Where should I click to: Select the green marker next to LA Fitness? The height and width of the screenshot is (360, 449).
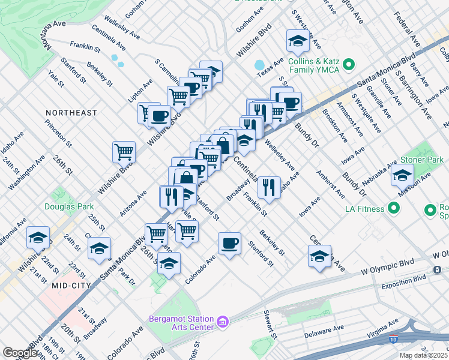394,208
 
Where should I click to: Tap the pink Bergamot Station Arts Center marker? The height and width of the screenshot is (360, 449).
223,322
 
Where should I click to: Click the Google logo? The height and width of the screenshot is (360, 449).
20,353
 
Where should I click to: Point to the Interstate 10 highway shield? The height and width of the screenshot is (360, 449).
394,339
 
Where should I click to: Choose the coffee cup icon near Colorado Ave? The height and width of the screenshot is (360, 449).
230,243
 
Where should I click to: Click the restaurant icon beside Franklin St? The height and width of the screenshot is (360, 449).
269,186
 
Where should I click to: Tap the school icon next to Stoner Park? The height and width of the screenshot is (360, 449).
402,176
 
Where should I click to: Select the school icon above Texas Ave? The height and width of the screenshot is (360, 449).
297,41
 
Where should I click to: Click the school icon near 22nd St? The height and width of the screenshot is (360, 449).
38,238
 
